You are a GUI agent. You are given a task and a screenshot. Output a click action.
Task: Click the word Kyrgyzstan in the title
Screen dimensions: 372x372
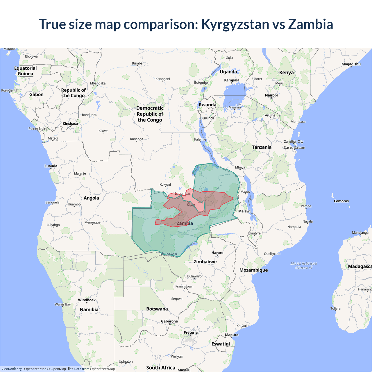click(x=235, y=24)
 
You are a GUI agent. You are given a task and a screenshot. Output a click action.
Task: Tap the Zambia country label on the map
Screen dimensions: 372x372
click(x=185, y=223)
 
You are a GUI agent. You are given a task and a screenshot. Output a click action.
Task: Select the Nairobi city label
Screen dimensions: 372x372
click(x=271, y=95)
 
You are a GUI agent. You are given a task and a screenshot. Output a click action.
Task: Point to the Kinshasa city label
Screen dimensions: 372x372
click(x=70, y=124)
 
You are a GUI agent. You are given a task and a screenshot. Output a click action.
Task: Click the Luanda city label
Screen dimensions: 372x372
click(x=51, y=166)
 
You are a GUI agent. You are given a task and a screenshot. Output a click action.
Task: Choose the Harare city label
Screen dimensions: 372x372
click(x=217, y=253)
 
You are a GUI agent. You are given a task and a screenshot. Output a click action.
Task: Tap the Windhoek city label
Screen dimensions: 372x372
click(x=87, y=300)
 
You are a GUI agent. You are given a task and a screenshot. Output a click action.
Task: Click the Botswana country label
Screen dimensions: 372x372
click(x=157, y=309)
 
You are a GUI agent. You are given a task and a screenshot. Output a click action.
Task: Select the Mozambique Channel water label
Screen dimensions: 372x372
click(x=304, y=266)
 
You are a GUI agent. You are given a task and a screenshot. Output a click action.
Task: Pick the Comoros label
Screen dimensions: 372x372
click(x=341, y=201)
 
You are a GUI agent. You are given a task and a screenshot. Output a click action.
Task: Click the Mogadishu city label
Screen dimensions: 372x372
click(x=351, y=64)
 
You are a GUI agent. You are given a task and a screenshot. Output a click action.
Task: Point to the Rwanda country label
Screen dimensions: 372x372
click(x=208, y=105)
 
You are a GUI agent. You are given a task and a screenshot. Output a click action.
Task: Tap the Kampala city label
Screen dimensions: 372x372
click(x=232, y=80)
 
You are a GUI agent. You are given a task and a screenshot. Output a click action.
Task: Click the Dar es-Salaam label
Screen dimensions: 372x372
click(x=294, y=148)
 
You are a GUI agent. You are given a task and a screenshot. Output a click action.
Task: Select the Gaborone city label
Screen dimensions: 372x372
click(x=169, y=321)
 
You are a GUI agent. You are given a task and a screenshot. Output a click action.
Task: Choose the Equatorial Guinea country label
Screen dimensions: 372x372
click(x=26, y=71)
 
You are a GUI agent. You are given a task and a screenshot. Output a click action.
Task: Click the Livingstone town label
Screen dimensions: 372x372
click(x=169, y=253)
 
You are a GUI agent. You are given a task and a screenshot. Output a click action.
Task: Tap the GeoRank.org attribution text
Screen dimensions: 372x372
click(x=12, y=369)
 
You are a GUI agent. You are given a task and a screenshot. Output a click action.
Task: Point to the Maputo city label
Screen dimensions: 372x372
click(x=232, y=335)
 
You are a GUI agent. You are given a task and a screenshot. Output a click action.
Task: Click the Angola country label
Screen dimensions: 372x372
click(x=91, y=198)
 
